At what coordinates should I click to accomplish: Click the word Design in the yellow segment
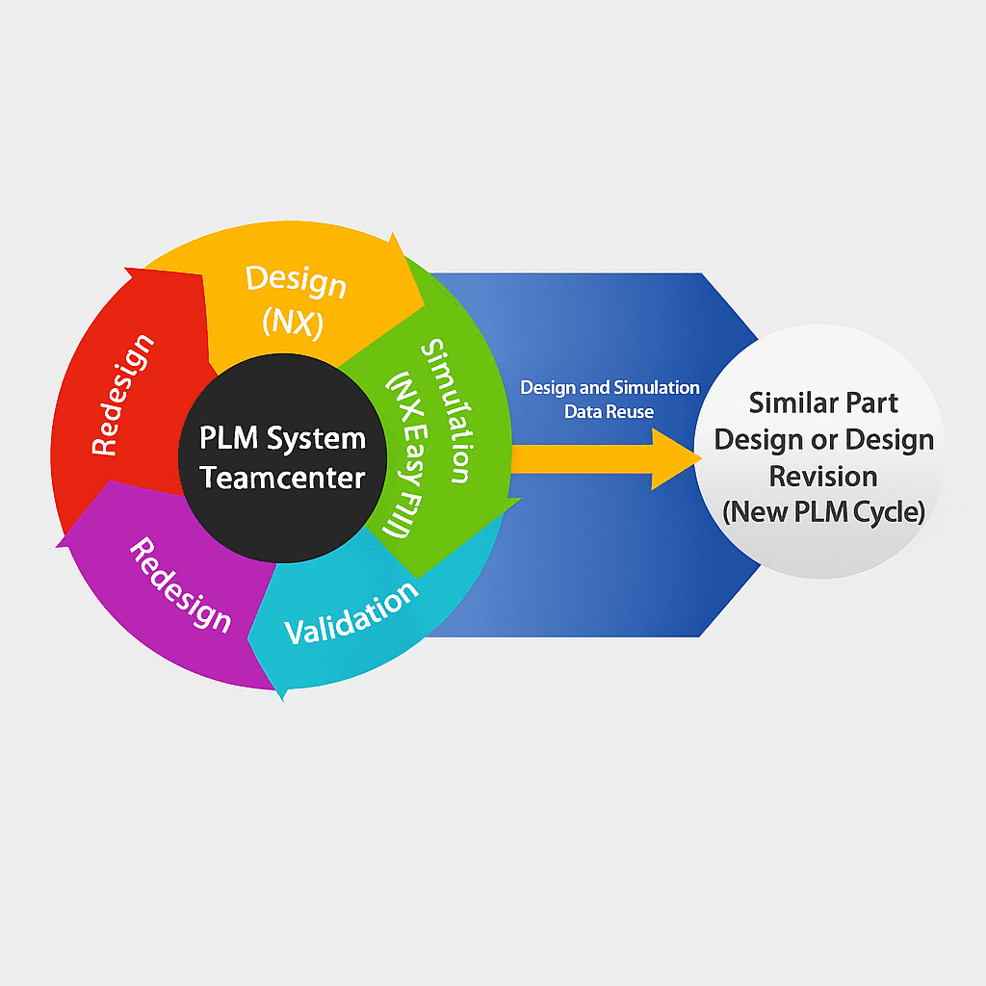(x=295, y=281)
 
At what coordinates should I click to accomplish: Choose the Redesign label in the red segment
(x=122, y=395)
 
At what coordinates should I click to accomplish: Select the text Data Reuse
(x=609, y=412)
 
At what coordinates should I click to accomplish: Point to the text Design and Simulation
(x=610, y=388)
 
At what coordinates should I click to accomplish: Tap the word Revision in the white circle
(x=823, y=476)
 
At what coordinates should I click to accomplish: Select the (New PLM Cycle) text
(x=823, y=512)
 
